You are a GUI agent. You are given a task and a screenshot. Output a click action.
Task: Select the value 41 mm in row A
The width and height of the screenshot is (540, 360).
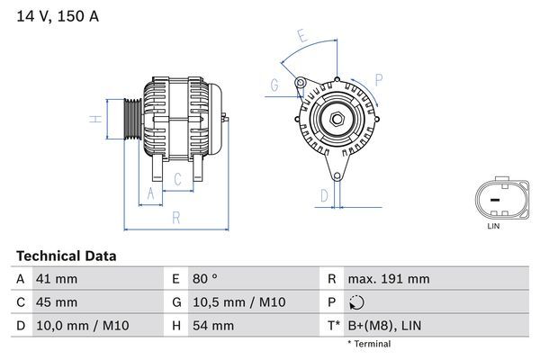tap(56, 279)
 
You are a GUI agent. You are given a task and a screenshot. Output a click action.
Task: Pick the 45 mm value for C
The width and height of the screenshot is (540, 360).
tap(56, 301)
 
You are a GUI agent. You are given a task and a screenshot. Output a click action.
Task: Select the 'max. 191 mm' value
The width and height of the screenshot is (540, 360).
tap(390, 279)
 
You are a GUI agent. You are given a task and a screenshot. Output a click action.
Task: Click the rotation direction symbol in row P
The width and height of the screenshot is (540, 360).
tap(359, 302)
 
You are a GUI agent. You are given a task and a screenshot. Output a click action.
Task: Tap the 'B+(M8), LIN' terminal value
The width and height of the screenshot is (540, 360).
tap(384, 325)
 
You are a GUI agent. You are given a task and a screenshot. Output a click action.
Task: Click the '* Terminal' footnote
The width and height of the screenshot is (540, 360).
tap(369, 344)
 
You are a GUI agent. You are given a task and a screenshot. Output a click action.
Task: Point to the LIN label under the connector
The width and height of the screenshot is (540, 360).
tap(492, 226)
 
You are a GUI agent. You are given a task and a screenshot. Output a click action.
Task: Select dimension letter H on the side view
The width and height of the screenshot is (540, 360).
tap(94, 119)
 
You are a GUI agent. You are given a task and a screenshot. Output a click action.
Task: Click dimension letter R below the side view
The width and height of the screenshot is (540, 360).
tap(175, 217)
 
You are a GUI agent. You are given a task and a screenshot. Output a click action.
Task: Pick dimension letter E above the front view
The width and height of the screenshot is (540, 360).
tap(303, 37)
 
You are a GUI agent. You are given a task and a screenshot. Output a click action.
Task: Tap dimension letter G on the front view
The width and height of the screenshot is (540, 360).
tap(274, 86)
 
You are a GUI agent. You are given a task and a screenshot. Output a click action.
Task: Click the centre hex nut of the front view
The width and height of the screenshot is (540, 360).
tap(335, 120)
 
